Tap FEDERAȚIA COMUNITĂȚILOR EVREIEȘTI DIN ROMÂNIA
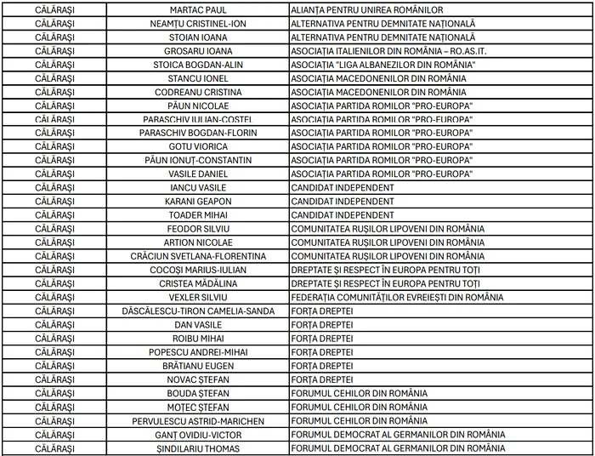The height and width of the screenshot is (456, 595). (397, 297)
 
